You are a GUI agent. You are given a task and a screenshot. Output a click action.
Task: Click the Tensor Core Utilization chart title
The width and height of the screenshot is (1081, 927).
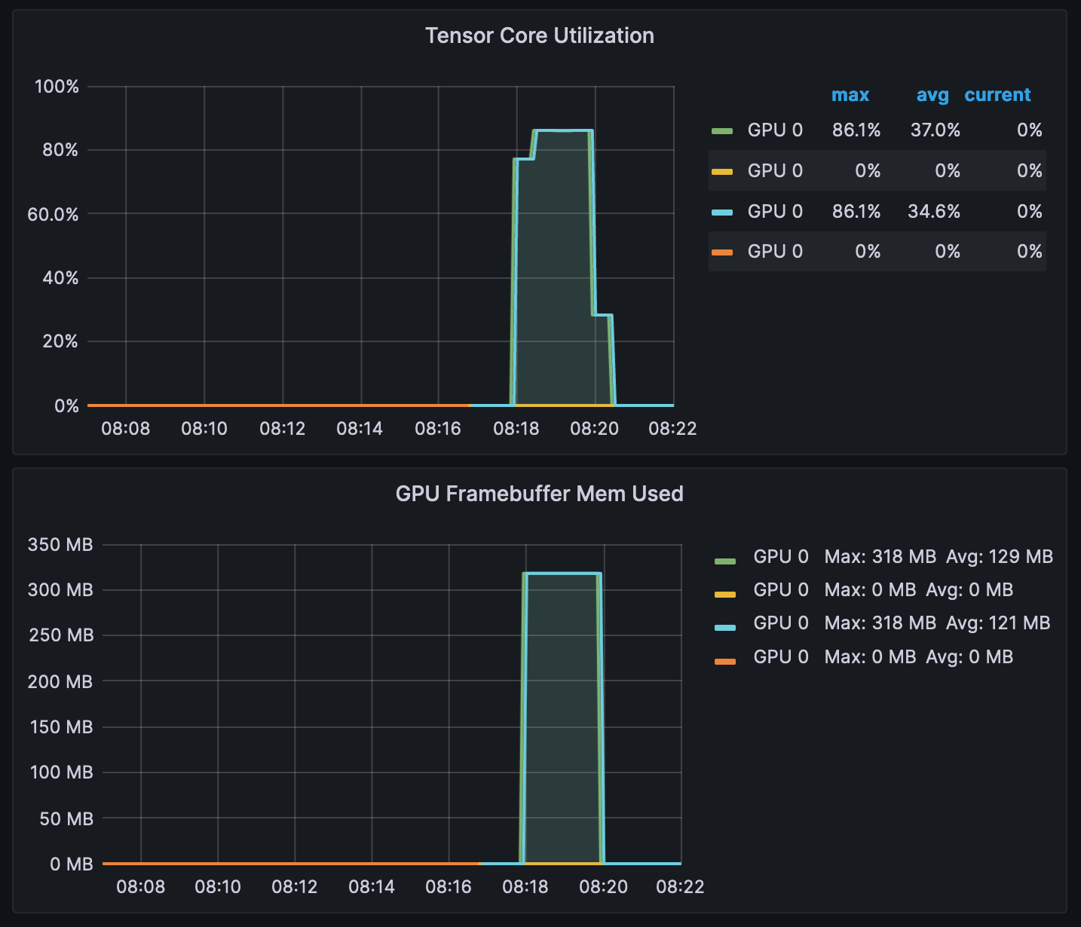539,35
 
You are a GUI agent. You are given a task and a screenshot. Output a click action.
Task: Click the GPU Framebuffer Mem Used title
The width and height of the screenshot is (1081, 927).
539,494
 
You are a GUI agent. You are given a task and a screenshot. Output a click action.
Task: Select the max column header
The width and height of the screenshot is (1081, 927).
850,95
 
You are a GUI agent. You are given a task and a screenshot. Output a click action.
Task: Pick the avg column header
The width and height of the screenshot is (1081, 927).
932,95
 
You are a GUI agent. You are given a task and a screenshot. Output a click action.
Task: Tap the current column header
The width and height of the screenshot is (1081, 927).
997,95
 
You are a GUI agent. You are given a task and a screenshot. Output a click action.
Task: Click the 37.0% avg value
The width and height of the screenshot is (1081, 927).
935,130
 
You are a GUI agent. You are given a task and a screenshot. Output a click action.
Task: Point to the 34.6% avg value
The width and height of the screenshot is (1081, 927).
933,211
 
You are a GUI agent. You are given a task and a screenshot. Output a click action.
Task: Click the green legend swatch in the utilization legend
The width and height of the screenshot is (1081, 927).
722,131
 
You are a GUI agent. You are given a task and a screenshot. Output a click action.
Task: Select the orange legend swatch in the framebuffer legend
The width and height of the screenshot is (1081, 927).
725,661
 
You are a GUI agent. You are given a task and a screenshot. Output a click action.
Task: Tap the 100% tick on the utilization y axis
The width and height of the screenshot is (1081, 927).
57,87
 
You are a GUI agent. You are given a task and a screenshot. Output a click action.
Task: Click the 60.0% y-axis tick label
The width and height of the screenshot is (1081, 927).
53,215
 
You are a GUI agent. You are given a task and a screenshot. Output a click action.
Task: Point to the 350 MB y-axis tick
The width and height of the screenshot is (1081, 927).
60,544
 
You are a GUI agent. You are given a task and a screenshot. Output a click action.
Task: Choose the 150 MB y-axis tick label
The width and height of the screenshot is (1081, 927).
61,727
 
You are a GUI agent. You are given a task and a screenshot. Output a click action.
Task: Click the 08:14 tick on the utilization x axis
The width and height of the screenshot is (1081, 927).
360,429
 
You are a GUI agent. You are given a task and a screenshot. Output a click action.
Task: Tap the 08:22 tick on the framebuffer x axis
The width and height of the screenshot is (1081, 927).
680,887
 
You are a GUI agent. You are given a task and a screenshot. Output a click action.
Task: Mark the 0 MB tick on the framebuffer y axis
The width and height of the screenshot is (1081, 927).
71,864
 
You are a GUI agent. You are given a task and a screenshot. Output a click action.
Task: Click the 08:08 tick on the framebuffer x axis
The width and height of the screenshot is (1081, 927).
141,887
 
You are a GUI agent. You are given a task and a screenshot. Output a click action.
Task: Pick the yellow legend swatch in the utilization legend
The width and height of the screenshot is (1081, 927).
722,172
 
